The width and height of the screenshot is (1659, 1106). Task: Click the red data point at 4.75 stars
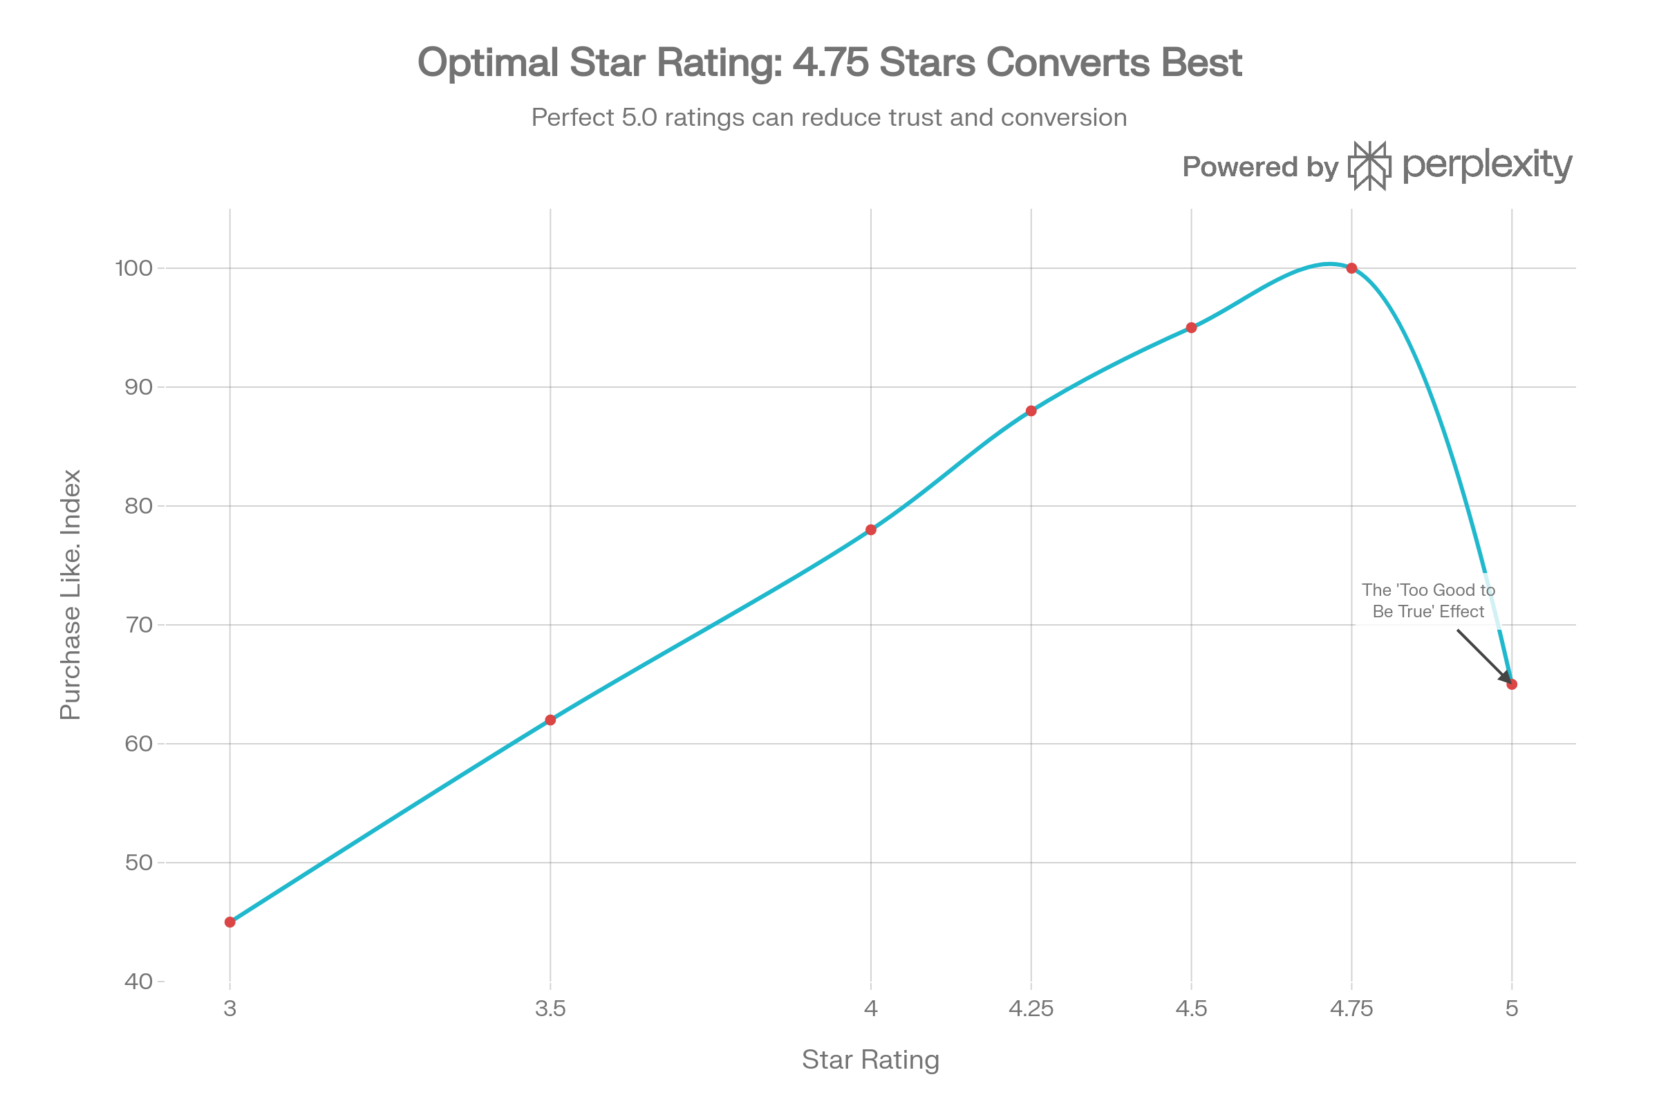1351,268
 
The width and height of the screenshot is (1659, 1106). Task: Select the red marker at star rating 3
230,922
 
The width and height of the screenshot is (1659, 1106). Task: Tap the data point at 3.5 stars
550,720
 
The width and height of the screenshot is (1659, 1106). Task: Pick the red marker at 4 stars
871,529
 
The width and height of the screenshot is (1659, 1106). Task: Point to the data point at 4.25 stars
1031,411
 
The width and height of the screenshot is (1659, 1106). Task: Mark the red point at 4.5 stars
1191,328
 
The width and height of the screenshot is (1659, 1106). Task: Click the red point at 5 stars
1512,684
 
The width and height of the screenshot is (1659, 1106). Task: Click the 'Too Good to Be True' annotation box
1428,601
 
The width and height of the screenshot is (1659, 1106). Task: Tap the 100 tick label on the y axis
134,268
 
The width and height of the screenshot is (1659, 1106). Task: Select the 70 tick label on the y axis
138,625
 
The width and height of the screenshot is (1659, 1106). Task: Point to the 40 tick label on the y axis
138,981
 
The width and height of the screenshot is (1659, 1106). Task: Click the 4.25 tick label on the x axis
1031,1009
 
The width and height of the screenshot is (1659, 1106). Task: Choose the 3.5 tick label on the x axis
550,1009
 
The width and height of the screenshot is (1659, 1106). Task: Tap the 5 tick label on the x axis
1512,1009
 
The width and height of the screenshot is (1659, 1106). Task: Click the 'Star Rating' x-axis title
870,1060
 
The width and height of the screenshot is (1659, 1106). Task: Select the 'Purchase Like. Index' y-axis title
71,594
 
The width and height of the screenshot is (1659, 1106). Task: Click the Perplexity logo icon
1370,166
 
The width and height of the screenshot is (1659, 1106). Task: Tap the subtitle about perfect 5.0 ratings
829,117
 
